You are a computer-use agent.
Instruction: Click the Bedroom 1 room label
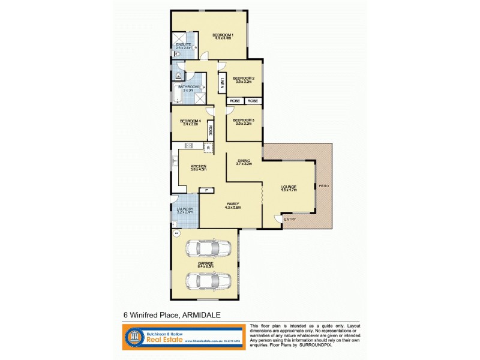tap(222, 35)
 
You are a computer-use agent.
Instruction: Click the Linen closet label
tap(221, 84)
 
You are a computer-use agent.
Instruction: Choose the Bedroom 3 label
tap(244, 120)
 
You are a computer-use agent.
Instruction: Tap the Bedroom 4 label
tap(190, 122)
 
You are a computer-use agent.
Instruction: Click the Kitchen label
tap(199, 167)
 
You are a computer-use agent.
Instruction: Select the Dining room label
tap(244, 161)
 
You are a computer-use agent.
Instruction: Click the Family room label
tap(232, 204)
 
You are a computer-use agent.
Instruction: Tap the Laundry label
tap(184, 209)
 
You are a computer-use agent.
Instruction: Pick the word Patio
tap(323, 186)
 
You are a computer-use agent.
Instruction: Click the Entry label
tap(290, 219)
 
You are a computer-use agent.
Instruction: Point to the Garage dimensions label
tap(206, 265)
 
